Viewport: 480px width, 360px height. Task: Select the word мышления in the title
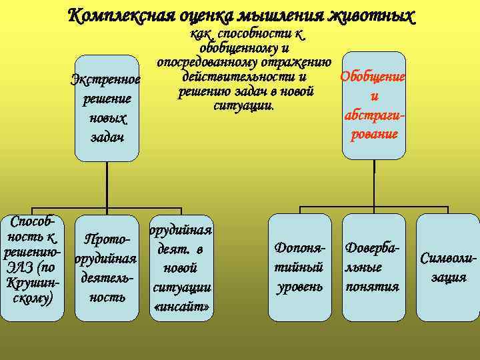pyautogui.click(x=291, y=14)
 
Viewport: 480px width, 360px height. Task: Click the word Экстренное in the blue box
pyautogui.click(x=107, y=81)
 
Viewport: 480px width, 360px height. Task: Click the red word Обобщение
pyautogui.click(x=373, y=77)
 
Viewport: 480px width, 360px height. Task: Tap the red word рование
pyautogui.click(x=373, y=133)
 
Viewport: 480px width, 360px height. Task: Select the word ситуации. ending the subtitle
pyautogui.click(x=243, y=106)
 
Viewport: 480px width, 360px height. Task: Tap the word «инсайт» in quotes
pyautogui.click(x=182, y=306)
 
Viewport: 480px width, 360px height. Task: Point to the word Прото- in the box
pyautogui.click(x=107, y=239)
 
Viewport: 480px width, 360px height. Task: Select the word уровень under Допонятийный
pyautogui.click(x=299, y=287)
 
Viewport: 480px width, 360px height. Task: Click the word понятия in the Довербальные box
pyautogui.click(x=373, y=287)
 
